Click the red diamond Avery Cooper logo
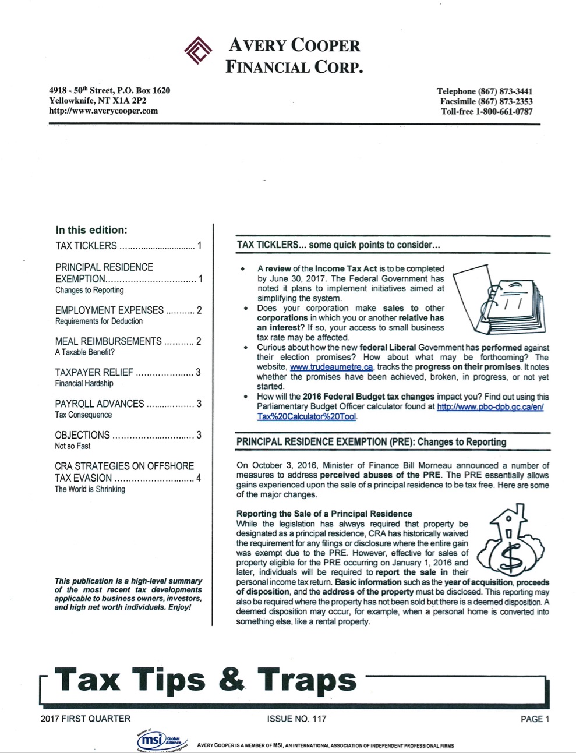click(x=198, y=50)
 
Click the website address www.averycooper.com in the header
click(x=103, y=111)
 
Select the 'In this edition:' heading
click(x=91, y=229)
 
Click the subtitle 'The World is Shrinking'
click(x=90, y=489)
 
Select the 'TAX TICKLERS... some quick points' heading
click(x=338, y=245)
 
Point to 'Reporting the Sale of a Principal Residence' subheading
click(x=324, y=514)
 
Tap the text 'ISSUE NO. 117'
click(x=296, y=719)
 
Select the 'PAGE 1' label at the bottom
click(x=535, y=719)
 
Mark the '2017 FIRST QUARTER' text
click(x=86, y=719)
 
